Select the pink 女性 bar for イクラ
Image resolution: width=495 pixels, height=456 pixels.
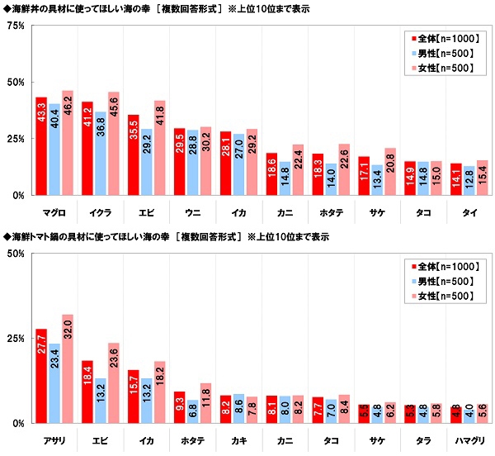[113, 144]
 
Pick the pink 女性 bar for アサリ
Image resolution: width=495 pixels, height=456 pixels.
[67, 368]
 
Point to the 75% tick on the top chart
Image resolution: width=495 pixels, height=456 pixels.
[14, 26]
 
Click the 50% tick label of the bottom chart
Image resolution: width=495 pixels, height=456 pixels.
[14, 254]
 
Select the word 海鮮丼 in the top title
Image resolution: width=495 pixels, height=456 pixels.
[25, 7]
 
